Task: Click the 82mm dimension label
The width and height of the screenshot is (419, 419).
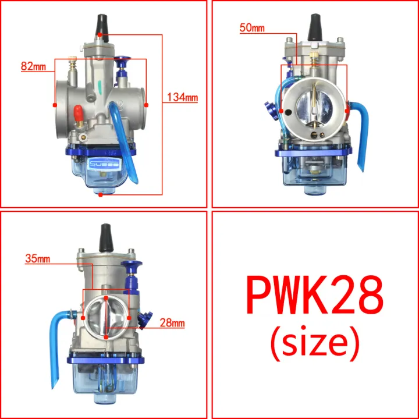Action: pyautogui.click(x=33, y=66)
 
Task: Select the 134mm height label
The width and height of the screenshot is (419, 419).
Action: pyautogui.click(x=182, y=98)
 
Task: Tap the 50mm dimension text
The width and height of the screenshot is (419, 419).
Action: pyautogui.click(x=251, y=27)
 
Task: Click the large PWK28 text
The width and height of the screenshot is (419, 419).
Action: pyautogui.click(x=314, y=295)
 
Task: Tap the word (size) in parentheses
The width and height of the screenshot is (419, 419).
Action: pyautogui.click(x=314, y=343)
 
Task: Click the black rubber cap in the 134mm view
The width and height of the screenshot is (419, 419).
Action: pyautogui.click(x=100, y=24)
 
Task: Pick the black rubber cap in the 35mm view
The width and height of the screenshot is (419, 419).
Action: pyautogui.click(x=106, y=236)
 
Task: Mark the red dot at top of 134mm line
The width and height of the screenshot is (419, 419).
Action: pyautogui.click(x=100, y=35)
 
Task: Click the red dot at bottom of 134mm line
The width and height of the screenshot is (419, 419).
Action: pyautogui.click(x=101, y=195)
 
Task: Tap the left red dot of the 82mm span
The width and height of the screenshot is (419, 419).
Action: pyautogui.click(x=55, y=105)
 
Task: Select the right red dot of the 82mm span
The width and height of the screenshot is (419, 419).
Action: pyautogui.click(x=146, y=105)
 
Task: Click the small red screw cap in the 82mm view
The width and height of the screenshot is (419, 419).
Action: pyautogui.click(x=76, y=110)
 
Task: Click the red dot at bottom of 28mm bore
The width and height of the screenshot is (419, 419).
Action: pyautogui.click(x=107, y=336)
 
